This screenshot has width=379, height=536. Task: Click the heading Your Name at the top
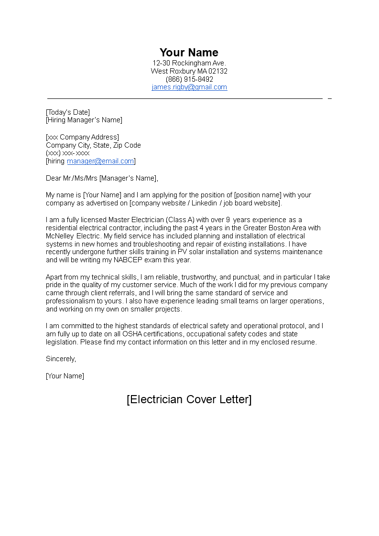click(189, 53)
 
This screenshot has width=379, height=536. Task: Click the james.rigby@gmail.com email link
click(189, 87)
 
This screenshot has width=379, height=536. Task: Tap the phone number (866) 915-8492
click(189, 79)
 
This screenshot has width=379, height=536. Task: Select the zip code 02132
click(218, 71)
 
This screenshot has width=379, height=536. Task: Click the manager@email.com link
click(100, 161)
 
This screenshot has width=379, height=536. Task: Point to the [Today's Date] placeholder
click(68, 112)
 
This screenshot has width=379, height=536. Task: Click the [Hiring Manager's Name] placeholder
click(84, 120)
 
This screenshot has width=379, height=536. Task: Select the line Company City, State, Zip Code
click(93, 145)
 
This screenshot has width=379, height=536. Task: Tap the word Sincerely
click(61, 358)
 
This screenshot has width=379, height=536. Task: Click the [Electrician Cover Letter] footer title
click(189, 399)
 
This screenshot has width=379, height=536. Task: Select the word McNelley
click(60, 236)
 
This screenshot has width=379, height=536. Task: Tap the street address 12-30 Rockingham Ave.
click(189, 63)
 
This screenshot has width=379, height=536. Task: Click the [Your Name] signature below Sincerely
click(65, 376)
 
